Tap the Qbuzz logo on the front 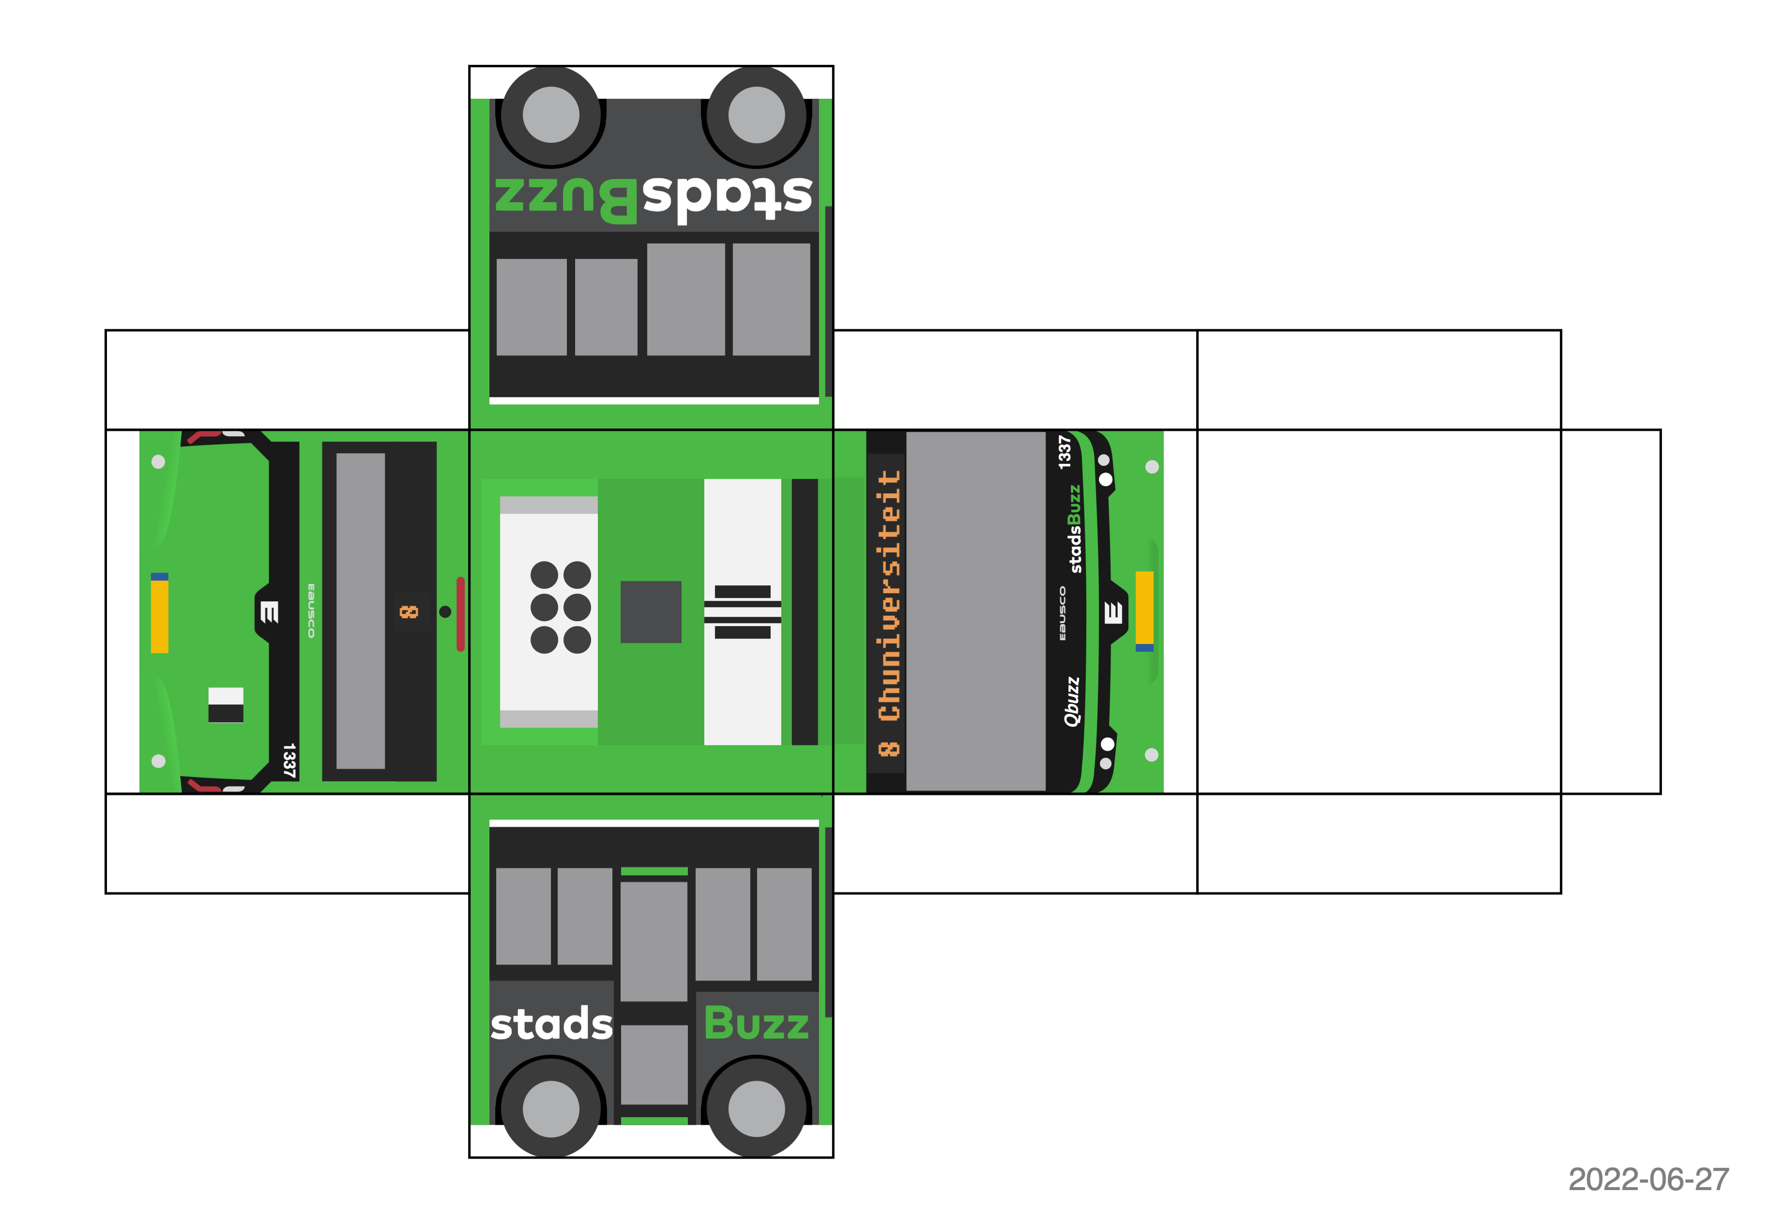[x=1071, y=701]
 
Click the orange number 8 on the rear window [x=409, y=611]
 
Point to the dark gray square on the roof [x=651, y=611]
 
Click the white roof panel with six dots [x=548, y=611]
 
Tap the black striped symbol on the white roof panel [x=743, y=611]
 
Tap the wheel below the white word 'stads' [x=551, y=1109]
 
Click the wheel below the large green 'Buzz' [x=756, y=1109]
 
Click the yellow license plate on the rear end [x=159, y=613]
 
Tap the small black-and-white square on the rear [x=226, y=705]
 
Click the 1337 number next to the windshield [x=1064, y=452]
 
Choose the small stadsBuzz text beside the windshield [x=1075, y=529]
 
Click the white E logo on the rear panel [x=268, y=611]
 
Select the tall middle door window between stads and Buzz [x=654, y=941]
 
